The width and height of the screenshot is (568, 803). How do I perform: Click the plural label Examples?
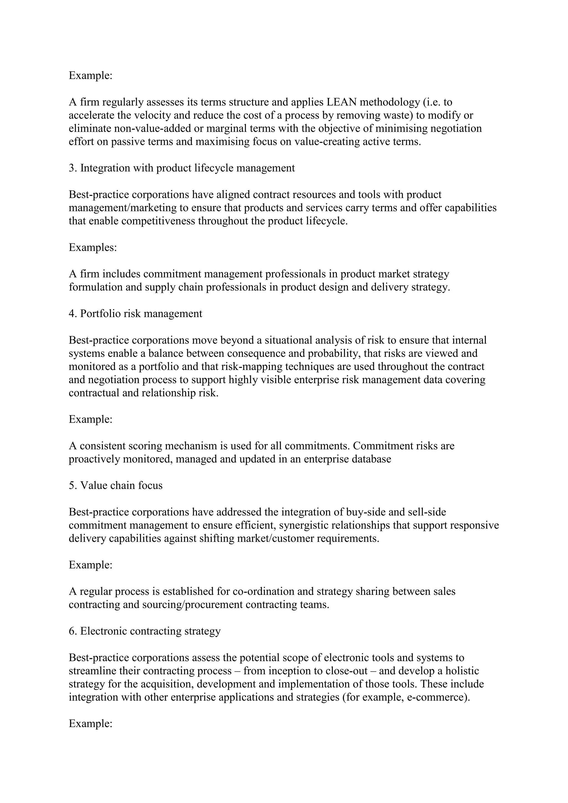click(92, 248)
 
